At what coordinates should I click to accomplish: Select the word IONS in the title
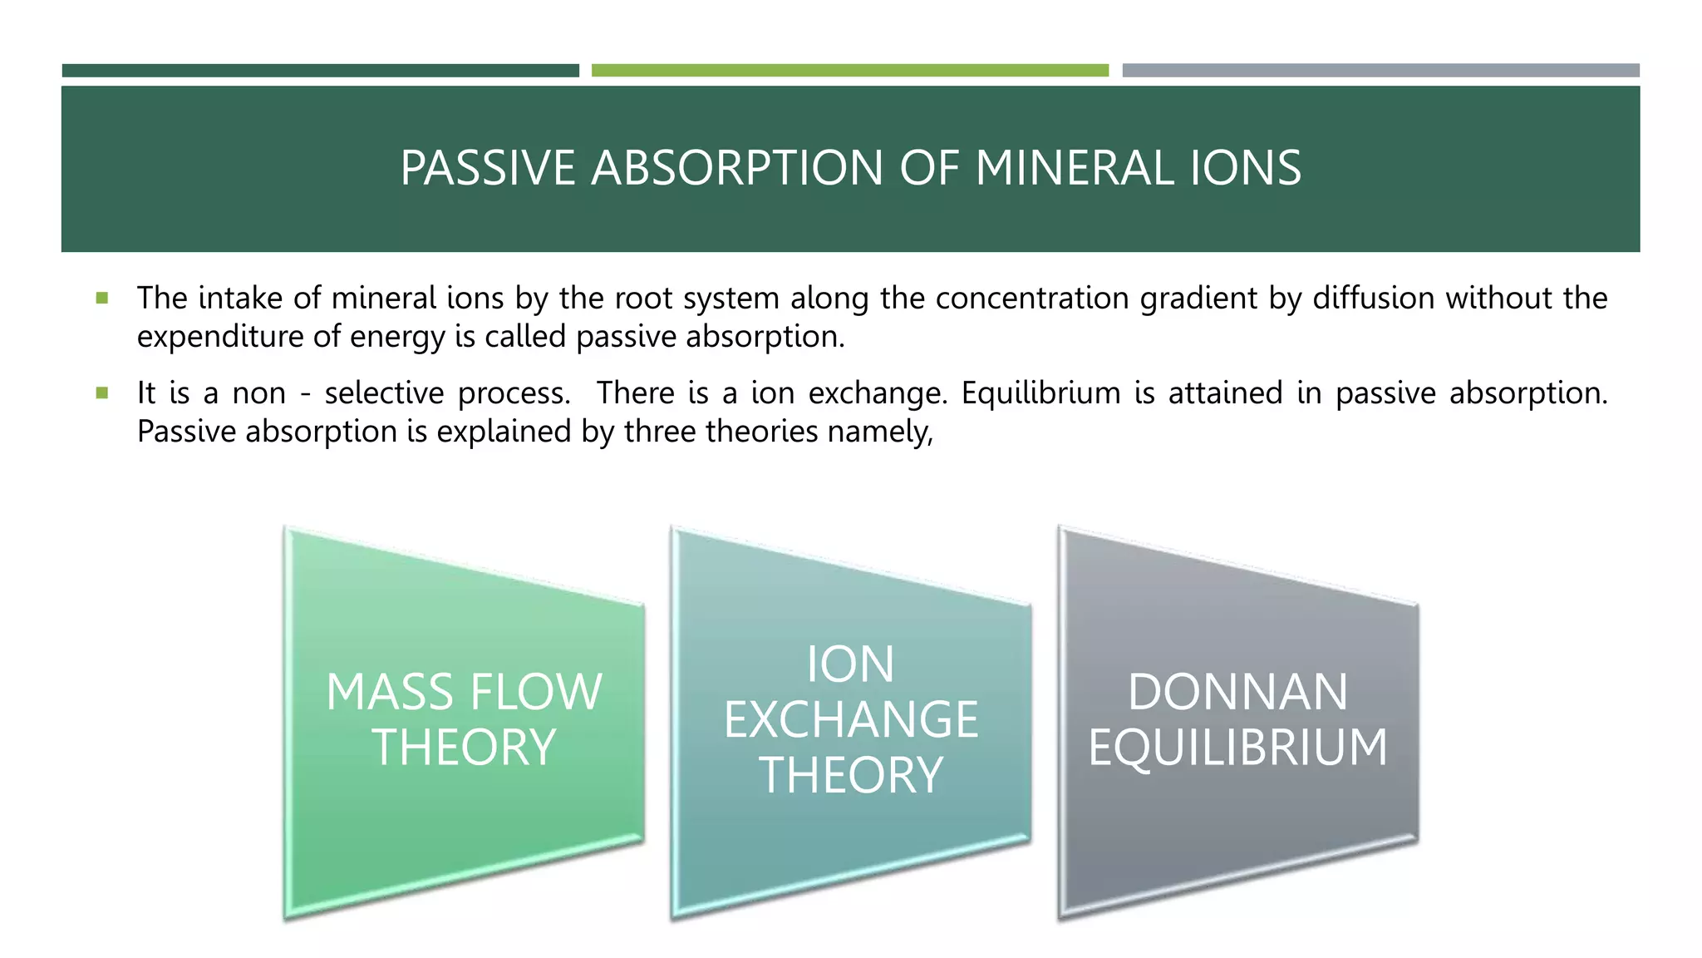[1246, 169]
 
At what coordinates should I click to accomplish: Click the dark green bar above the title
[320, 71]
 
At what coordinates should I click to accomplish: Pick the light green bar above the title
[849, 71]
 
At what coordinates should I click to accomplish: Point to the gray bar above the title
[1380, 71]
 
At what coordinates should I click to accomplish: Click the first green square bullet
[102, 298]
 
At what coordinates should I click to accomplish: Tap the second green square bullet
[102, 393]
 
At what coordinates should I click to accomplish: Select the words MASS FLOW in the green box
[464, 692]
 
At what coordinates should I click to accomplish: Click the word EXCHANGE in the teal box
[850, 719]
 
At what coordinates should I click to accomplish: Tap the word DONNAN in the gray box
[1237, 692]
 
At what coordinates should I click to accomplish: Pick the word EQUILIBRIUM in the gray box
[1237, 747]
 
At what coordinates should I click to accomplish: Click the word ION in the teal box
[850, 664]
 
